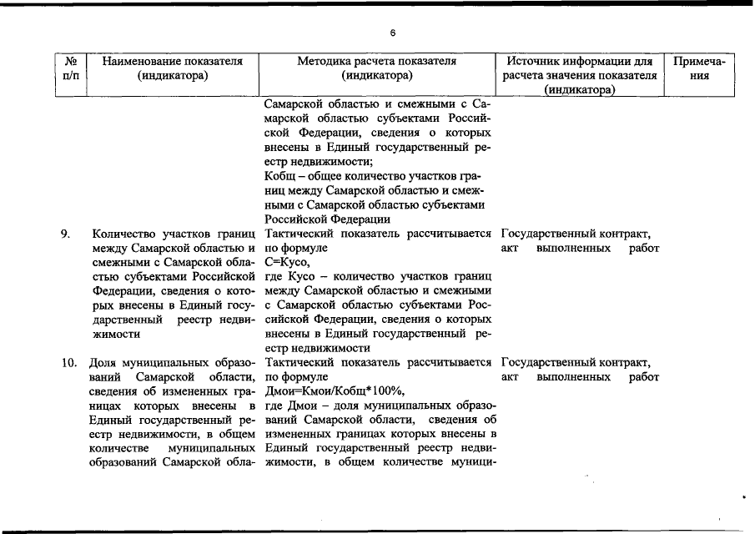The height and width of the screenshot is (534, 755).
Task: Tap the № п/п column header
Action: [x=70, y=68]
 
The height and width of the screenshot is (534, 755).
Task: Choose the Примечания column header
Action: [x=703, y=68]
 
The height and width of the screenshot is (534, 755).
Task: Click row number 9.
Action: [x=65, y=234]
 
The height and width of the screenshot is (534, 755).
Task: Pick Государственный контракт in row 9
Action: [x=576, y=234]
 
